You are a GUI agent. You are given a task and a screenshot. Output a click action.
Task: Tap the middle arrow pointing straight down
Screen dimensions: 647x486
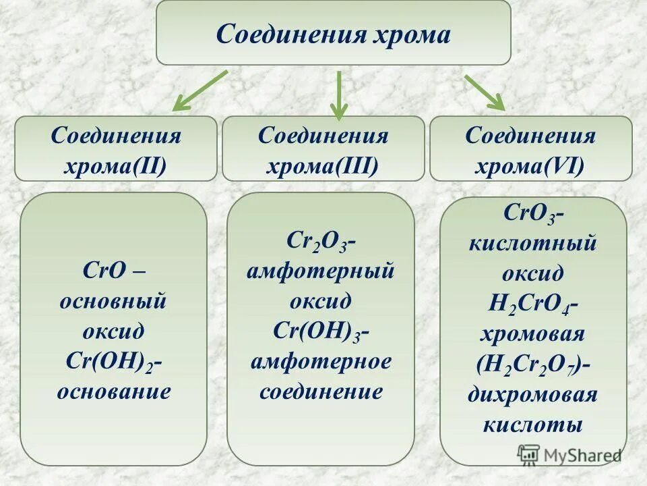[338, 93]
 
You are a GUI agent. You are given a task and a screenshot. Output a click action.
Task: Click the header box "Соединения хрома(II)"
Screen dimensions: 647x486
[116, 148]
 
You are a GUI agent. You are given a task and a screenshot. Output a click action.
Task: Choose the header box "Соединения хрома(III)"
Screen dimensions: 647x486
[323, 148]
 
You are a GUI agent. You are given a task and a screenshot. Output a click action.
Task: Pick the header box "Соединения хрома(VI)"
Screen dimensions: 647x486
[531, 148]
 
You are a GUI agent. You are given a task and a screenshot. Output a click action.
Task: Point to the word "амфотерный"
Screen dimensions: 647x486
[321, 272]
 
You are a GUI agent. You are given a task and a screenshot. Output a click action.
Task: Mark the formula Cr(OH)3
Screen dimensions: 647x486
[319, 331]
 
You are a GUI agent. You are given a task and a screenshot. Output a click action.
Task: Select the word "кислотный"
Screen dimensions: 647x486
[532, 243]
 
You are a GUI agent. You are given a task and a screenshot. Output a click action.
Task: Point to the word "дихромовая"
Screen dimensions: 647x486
[532, 395]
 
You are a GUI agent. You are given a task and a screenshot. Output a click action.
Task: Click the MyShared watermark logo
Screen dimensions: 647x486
[569, 455]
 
